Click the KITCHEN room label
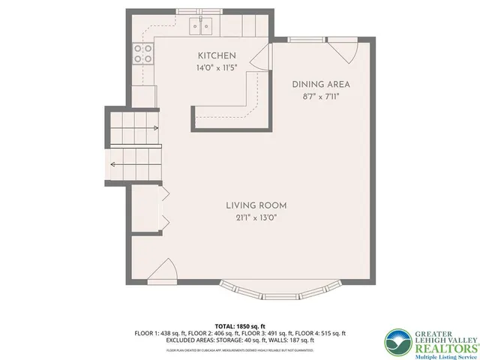click(x=217, y=56)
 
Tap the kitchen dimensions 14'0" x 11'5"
click(x=217, y=67)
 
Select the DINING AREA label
click(x=321, y=85)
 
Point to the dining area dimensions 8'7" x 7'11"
click(x=321, y=97)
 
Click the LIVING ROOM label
click(x=256, y=205)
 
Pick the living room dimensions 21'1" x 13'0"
click(x=256, y=217)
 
